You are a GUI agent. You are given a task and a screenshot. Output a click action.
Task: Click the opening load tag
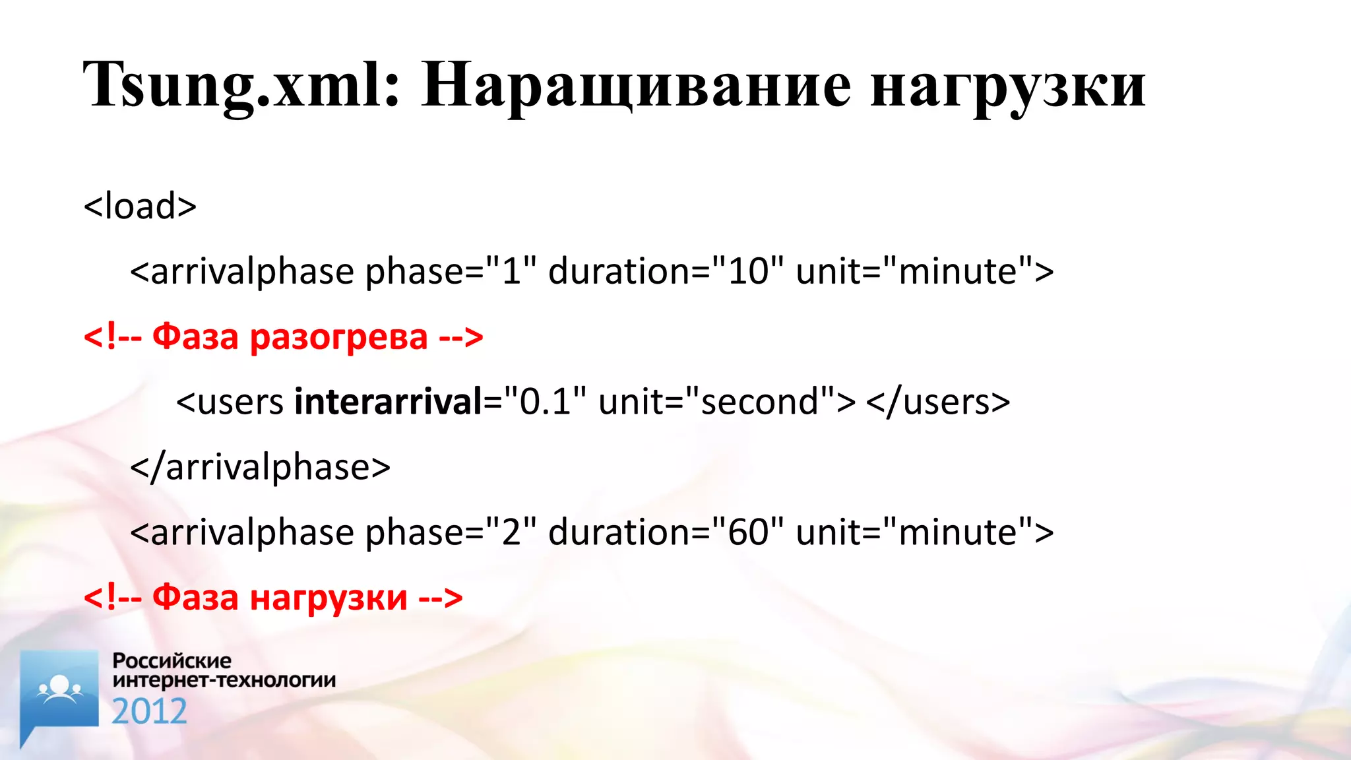140,206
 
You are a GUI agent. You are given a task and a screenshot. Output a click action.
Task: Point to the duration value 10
748,271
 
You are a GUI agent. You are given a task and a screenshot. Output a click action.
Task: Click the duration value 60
748,532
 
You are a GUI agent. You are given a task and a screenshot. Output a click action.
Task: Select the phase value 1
511,271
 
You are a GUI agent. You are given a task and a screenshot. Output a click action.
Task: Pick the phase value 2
511,532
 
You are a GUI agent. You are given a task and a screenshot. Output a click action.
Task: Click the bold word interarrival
389,402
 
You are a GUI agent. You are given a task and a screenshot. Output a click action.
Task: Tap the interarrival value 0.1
545,402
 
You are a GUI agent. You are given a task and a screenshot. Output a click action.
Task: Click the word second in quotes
759,402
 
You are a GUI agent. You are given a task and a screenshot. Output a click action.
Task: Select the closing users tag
937,402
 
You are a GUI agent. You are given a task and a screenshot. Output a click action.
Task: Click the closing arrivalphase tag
260,467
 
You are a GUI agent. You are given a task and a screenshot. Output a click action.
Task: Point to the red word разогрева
339,336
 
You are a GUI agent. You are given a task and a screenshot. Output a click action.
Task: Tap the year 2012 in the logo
149,711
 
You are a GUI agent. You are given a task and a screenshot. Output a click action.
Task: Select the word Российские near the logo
172,660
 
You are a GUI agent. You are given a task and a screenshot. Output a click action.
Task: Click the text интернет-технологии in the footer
224,680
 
